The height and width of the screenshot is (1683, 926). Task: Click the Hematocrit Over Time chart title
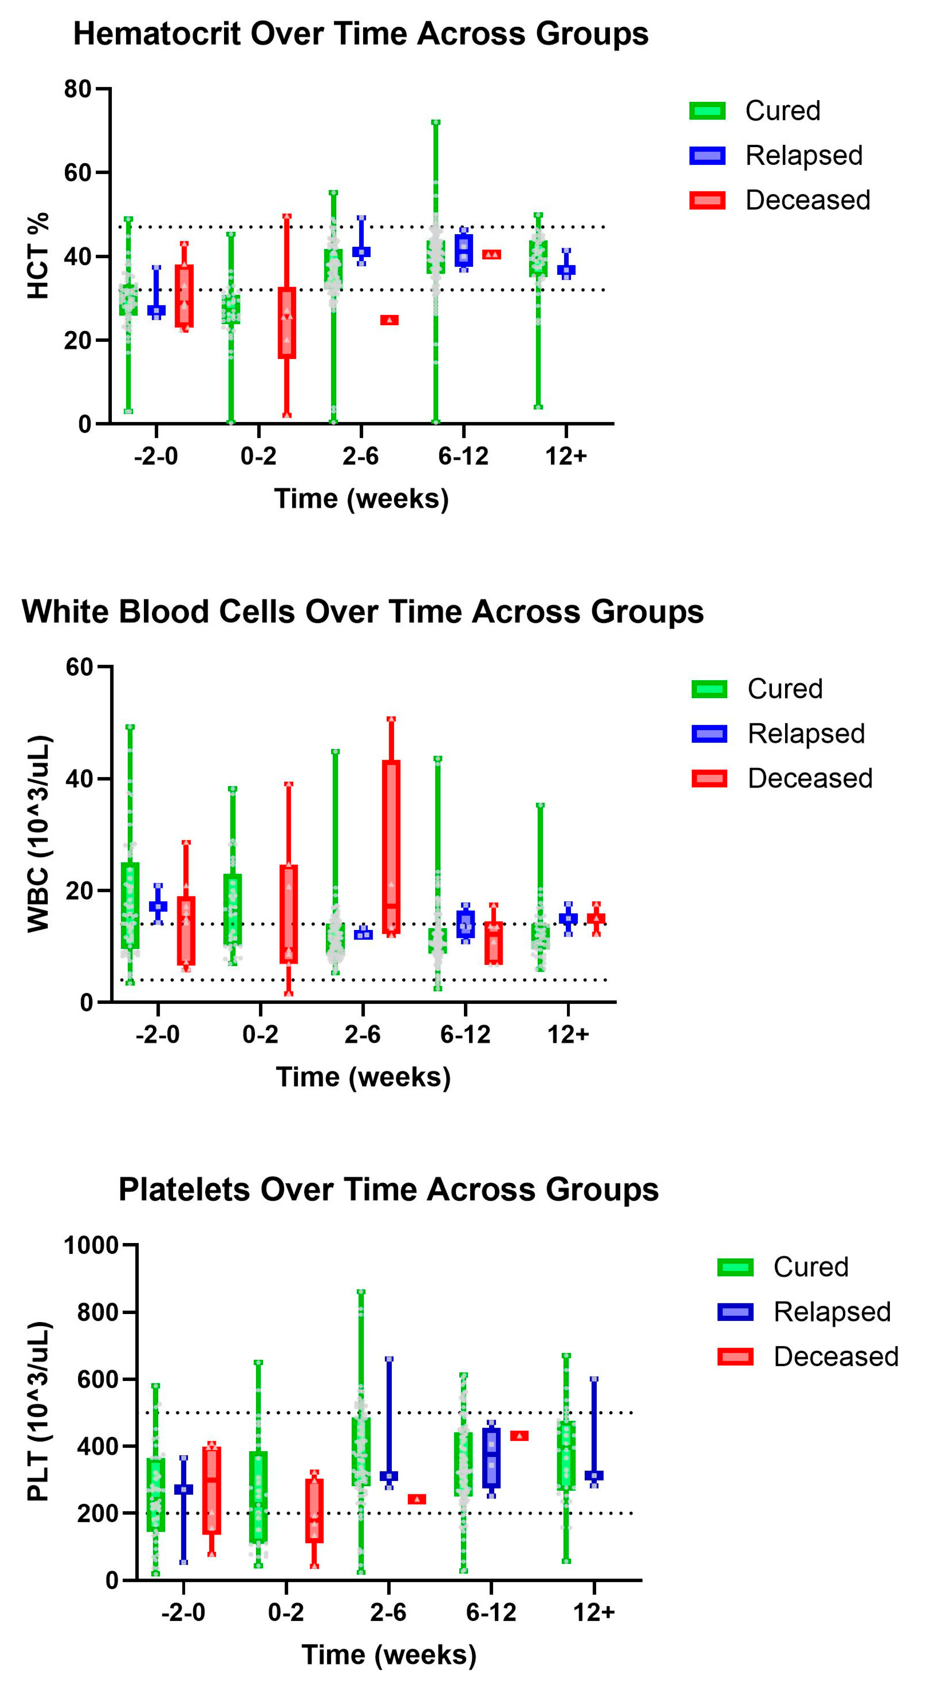[361, 34]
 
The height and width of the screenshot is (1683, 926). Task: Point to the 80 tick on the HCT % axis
[77, 89]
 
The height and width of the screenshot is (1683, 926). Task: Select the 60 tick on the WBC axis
[79, 667]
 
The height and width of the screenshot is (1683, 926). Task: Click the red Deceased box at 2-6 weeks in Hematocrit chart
[390, 320]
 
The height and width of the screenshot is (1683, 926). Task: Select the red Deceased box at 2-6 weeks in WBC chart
[391, 847]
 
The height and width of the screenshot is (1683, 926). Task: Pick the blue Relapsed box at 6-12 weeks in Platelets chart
[492, 1457]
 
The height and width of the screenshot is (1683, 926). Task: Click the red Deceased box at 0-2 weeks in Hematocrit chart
[287, 323]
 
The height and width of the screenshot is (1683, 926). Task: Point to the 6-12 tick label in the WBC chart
[465, 1034]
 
